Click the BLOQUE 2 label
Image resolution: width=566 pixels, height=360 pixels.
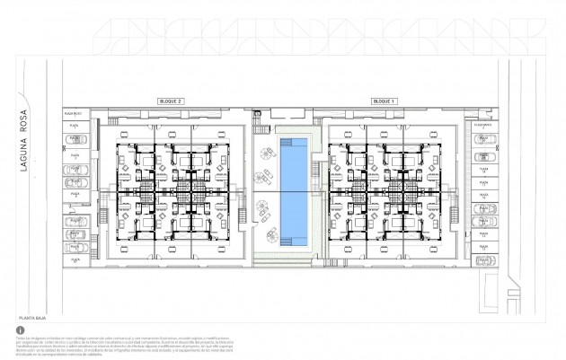click(170, 102)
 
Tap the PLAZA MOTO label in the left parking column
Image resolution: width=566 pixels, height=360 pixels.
click(74, 114)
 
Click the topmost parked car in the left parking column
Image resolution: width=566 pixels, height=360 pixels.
click(75, 138)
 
